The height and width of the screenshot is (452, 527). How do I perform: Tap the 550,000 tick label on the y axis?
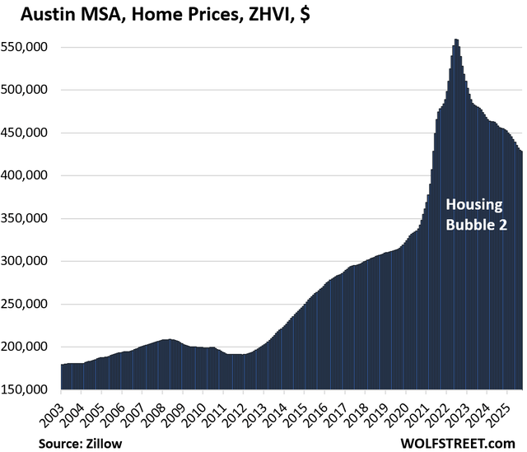[x=30, y=47]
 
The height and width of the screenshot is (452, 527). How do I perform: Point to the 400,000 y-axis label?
[x=30, y=175]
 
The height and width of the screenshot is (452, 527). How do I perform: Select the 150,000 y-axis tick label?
[x=30, y=389]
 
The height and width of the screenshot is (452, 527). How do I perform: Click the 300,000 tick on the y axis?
[x=30, y=261]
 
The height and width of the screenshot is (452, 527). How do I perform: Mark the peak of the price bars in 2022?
[x=456, y=40]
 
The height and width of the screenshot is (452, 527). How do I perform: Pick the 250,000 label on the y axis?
[x=30, y=304]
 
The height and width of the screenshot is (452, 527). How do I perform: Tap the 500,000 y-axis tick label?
[x=30, y=90]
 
